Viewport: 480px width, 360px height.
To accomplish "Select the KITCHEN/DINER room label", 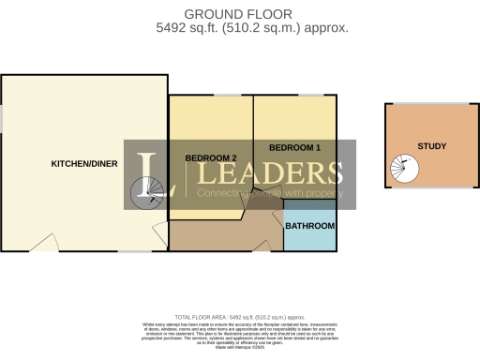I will (83, 163).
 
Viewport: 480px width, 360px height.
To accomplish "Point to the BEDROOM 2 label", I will (210, 157).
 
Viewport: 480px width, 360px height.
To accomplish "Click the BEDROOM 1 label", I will (294, 148).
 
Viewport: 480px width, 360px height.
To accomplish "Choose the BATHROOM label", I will (309, 227).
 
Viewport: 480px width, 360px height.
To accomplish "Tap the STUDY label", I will (432, 146).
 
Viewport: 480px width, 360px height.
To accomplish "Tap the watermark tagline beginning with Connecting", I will (264, 193).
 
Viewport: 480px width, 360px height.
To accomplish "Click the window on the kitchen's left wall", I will (2, 116).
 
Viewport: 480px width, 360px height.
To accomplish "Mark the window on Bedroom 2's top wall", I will (226, 95).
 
